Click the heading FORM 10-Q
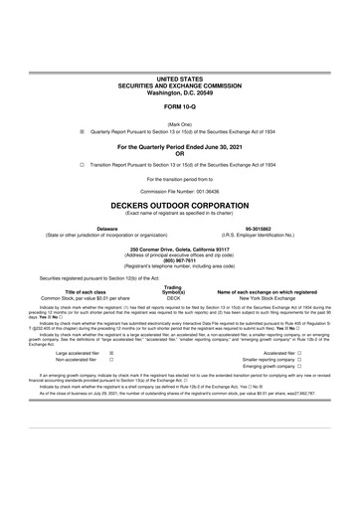coord(179,105)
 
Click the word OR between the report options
coord(179,153)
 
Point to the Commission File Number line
coord(179,189)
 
